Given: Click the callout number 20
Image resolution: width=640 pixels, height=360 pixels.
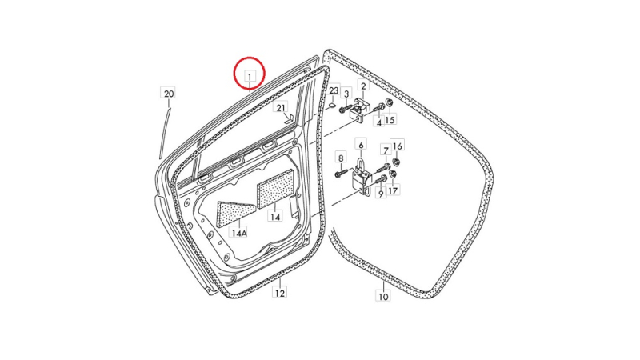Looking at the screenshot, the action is pos(169,94).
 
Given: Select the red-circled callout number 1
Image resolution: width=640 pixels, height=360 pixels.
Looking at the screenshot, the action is pos(250,76).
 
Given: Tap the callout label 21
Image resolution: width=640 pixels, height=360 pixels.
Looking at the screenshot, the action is pos(281,108).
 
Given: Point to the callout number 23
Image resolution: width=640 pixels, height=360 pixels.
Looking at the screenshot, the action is pos(334,90).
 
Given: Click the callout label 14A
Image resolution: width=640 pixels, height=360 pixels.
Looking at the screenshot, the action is pos(239,233).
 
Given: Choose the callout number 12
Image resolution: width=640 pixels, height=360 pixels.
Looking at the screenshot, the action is pos(279,293).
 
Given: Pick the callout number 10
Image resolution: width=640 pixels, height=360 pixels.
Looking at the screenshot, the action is pos(383,296).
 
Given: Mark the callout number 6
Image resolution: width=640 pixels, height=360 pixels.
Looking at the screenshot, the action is pos(361,145).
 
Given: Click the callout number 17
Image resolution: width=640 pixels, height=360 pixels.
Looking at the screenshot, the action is pos(393,190).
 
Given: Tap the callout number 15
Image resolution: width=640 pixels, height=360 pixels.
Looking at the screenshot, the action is pos(390,120).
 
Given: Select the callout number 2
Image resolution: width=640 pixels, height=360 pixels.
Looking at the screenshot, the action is pos(363,86).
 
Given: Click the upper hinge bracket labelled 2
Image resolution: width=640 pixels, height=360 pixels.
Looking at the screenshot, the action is pos(359,110).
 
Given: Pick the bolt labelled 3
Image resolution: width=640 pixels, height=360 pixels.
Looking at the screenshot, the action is pos(346,109).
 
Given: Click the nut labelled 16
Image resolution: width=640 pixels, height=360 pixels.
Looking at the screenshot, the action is pos(395,162).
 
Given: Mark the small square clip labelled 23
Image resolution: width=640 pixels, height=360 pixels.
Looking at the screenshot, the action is pos(333,106).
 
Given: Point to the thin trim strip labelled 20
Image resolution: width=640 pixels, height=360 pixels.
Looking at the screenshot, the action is pos(164,134).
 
